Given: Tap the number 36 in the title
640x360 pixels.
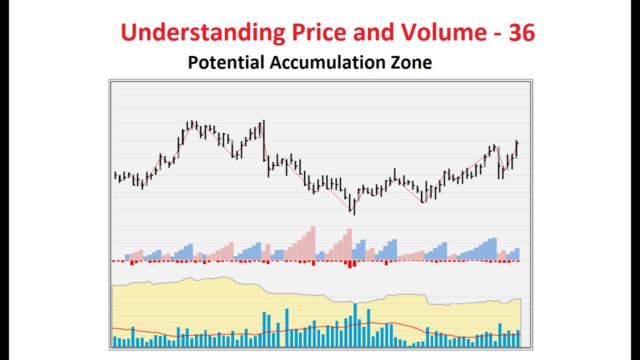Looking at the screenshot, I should point(521,33).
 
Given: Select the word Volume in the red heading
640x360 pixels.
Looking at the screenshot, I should point(442,33).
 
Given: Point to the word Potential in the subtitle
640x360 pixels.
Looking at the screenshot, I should point(225,62).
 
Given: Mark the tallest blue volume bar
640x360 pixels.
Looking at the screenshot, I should point(355,325).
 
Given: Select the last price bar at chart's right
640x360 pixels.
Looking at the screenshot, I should point(516,149).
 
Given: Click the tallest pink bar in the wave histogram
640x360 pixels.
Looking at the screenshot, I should point(313,243).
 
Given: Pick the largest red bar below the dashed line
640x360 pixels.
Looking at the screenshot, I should point(350,264).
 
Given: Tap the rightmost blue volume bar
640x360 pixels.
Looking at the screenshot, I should point(518,338).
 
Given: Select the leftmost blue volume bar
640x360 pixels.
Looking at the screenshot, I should point(114,341).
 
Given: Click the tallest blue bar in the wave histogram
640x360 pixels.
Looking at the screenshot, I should point(494,248).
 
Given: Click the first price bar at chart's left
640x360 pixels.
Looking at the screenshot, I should point(115,175).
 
